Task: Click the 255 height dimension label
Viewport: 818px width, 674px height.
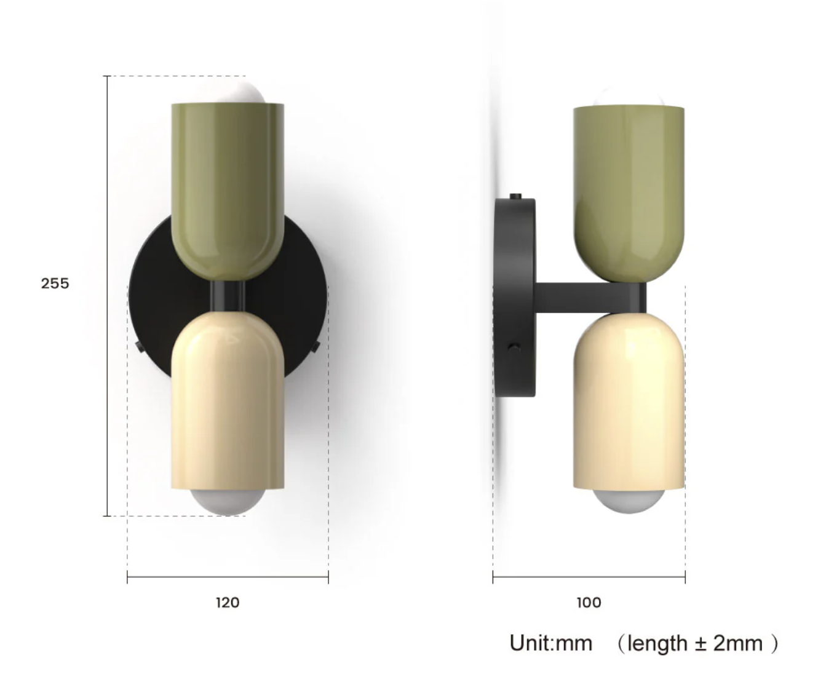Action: [55, 283]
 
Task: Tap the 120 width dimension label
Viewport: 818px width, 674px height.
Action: [227, 603]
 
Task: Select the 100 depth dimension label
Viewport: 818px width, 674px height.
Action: [589, 603]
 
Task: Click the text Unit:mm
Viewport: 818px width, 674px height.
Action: [550, 643]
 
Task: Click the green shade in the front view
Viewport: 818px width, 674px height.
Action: [228, 184]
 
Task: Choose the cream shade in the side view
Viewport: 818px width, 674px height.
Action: [629, 400]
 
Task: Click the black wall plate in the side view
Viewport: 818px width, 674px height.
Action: [514, 295]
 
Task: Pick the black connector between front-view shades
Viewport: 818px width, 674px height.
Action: [227, 296]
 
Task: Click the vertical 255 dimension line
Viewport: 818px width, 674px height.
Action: [108, 369]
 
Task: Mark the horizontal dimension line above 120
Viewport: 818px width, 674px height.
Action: [228, 577]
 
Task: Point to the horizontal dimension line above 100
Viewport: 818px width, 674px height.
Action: [589, 577]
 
